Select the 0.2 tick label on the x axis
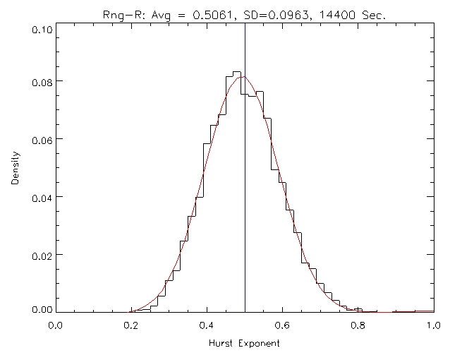click(130, 325)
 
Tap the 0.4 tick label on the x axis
click(207, 325)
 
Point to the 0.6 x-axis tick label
click(282, 325)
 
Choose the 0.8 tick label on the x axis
click(358, 325)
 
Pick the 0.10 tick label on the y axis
click(40, 30)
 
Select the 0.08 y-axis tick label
click(40, 81)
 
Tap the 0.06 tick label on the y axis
click(40, 139)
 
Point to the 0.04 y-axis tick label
click(40, 196)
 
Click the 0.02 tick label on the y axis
click(40, 254)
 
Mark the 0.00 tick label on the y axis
click(40, 308)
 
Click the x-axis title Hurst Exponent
click(244, 344)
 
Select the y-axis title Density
click(15, 170)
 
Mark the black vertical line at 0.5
click(245, 212)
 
